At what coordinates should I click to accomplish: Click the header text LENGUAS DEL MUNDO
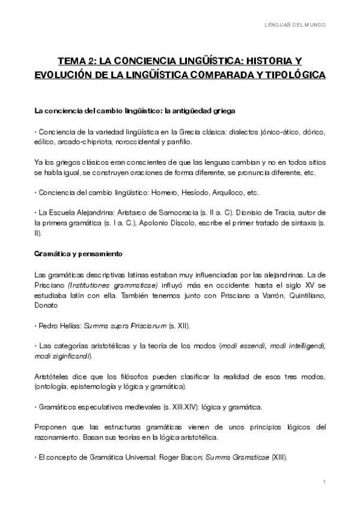[x=296, y=25]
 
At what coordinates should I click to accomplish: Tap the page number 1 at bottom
[x=325, y=482]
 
